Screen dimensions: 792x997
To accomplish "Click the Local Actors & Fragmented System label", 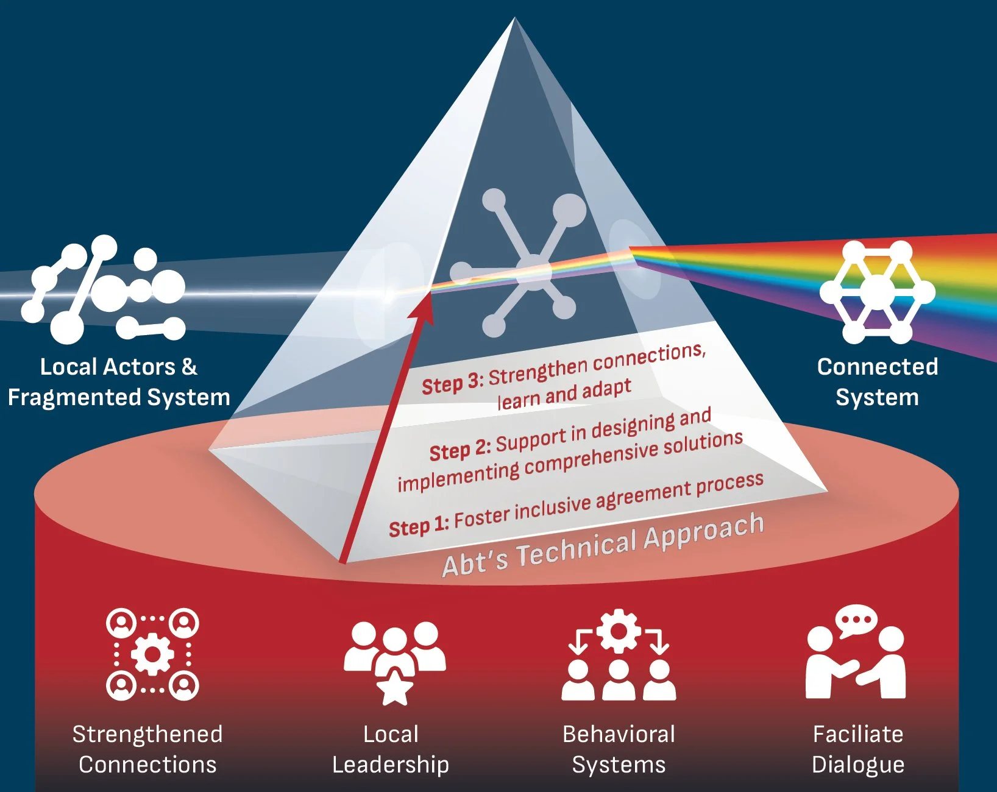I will [119, 382].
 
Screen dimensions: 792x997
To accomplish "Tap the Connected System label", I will [877, 382].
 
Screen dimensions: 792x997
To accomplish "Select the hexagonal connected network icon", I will [877, 291].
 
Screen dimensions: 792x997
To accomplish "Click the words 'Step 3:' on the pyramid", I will [453, 384].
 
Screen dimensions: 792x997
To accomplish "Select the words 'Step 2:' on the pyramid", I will [459, 451].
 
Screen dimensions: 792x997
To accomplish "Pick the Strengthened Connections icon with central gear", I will [152, 654].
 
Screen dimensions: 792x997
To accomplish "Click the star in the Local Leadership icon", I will [395, 688].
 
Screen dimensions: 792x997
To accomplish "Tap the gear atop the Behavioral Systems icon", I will [619, 631].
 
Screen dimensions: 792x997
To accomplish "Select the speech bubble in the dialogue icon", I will [856, 621].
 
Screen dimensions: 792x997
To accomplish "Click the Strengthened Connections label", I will [147, 749].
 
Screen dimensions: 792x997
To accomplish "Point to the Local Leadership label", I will [391, 749].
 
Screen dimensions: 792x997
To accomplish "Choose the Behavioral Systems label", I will [619, 749].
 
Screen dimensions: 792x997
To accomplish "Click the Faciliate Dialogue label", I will [858, 749].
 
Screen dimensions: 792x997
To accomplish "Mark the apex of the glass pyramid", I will [515, 19].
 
